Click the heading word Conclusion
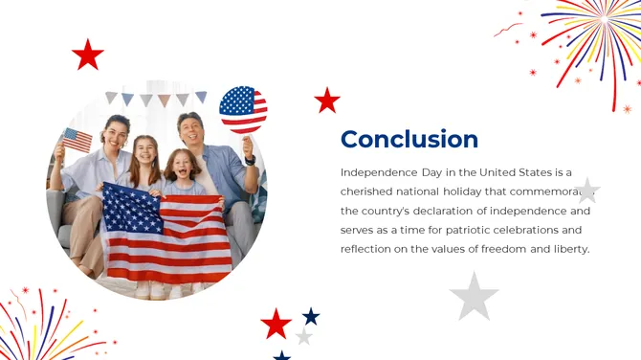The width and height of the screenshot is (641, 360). [x=409, y=139]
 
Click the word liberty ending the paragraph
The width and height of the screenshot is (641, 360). [x=569, y=249]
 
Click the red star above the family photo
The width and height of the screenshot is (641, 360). [x=87, y=55]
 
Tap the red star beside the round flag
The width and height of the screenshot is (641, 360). [x=327, y=100]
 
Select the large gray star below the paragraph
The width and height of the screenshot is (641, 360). [x=474, y=296]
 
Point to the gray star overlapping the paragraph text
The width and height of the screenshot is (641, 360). [x=586, y=190]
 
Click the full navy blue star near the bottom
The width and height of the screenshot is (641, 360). [x=311, y=316]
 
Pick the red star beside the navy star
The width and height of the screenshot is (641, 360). [x=276, y=324]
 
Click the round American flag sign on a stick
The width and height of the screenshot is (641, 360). [x=243, y=109]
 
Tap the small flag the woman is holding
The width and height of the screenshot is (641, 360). [x=77, y=140]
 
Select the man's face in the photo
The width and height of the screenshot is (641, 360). [x=192, y=132]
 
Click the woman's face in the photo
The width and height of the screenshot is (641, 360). [x=117, y=135]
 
